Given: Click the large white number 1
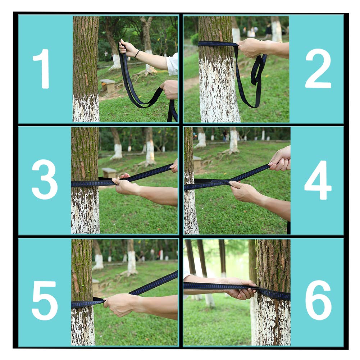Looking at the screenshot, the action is pos(42,68).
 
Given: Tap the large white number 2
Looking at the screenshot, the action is pos(318,68).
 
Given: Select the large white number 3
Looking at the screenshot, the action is pos(45,179).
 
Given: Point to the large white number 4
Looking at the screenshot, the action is pos(318,180).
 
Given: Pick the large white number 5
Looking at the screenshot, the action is pos(45,300).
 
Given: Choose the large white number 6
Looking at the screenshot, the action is pos(318,300).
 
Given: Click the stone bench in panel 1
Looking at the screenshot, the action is pos(108,86).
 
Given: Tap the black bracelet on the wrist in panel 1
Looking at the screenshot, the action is pos(137,54).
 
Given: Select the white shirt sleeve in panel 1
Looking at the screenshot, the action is pos(172,64).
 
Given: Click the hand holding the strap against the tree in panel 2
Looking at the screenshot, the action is pos(250,48).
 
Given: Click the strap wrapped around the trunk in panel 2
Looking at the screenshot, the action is pos(217,44).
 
